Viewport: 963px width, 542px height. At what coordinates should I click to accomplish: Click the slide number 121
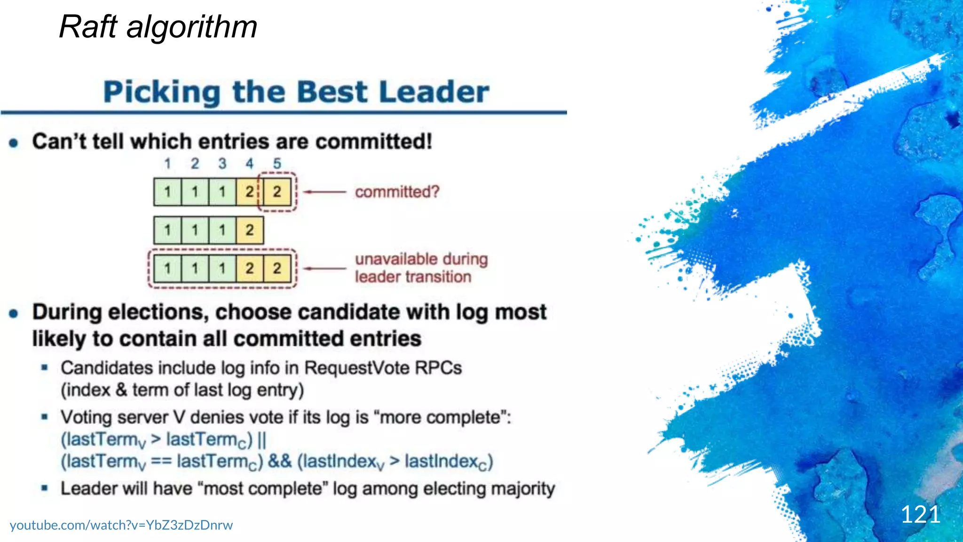pyautogui.click(x=920, y=514)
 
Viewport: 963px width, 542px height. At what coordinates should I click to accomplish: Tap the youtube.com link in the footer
pyautogui.click(x=121, y=525)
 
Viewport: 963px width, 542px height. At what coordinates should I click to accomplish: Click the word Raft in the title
pyautogui.click(x=87, y=27)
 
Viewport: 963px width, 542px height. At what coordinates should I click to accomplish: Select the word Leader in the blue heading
pyautogui.click(x=434, y=92)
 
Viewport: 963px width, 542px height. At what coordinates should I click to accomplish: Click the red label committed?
pyautogui.click(x=397, y=192)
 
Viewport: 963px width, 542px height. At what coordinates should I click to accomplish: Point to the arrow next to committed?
pyautogui.click(x=324, y=192)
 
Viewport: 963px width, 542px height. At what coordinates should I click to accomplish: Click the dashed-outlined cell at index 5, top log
pyautogui.click(x=277, y=192)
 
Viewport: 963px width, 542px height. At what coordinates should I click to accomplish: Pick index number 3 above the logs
pyautogui.click(x=222, y=164)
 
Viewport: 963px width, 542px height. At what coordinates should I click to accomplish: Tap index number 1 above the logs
pyautogui.click(x=167, y=164)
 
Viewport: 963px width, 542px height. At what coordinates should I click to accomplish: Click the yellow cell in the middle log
pyautogui.click(x=250, y=230)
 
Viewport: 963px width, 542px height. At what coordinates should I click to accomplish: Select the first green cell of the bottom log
pyautogui.click(x=167, y=269)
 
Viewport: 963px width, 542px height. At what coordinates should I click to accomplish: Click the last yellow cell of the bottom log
pyautogui.click(x=277, y=269)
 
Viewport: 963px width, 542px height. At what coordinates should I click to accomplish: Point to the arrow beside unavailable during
pyautogui.click(x=324, y=269)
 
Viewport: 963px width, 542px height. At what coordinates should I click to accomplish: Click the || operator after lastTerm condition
pyautogui.click(x=262, y=440)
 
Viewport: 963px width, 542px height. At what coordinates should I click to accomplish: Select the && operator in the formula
pyautogui.click(x=280, y=461)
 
